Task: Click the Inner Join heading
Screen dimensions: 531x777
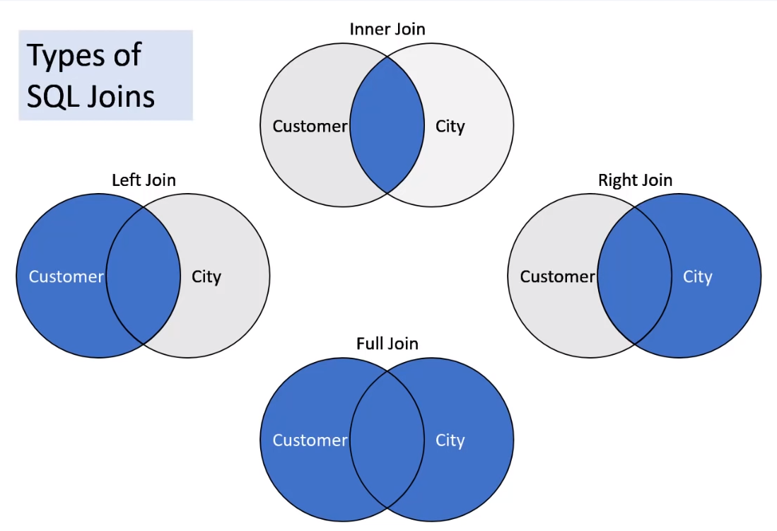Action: coord(387,29)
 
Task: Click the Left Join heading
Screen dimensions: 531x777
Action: coord(144,180)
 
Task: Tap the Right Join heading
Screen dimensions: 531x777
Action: coord(635,180)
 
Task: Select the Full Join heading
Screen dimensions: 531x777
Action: coord(387,344)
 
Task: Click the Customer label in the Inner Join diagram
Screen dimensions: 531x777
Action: coord(310,127)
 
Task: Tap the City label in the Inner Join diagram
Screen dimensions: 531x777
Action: coord(450,127)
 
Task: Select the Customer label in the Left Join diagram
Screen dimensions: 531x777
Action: coord(66,276)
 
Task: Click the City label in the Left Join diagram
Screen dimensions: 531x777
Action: coord(206,276)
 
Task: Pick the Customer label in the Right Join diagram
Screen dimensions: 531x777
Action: coord(557,276)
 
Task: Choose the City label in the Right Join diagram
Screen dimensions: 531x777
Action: coord(697,276)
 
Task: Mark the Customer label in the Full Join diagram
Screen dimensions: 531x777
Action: coord(310,440)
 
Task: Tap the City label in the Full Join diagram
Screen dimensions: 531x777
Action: coord(450,440)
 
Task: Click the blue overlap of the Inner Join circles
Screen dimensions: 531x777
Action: coord(387,126)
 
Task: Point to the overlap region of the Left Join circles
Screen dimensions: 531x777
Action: coord(144,276)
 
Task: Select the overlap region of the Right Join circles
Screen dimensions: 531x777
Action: coord(634,276)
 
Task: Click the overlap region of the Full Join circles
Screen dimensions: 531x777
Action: coord(387,440)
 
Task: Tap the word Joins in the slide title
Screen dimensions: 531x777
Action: coord(121,96)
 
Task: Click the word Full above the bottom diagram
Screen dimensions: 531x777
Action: coord(369,344)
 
